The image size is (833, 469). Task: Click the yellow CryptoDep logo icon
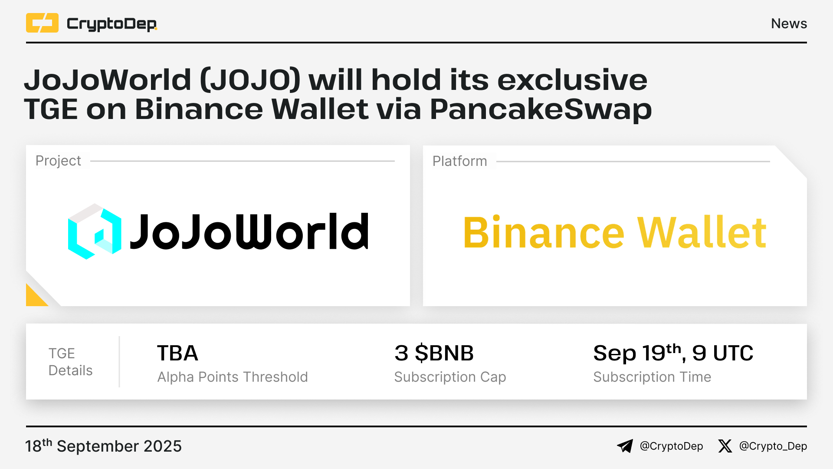[42, 23]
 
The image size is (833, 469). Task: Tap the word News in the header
[789, 23]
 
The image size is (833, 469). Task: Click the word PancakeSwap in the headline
[541, 109]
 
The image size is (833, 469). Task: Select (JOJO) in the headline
[250, 80]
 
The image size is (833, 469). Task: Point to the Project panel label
[58, 161]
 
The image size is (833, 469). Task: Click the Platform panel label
[460, 161]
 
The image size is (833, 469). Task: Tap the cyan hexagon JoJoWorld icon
[95, 231]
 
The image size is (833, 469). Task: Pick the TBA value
[177, 353]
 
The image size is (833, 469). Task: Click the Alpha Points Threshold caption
[233, 377]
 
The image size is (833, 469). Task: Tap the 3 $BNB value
[434, 353]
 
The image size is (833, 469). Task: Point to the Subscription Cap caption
[450, 377]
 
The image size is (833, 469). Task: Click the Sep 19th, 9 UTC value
[673, 353]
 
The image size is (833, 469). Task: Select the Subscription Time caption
[652, 377]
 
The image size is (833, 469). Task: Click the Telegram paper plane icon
[625, 446]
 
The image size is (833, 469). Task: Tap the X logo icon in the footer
[725, 446]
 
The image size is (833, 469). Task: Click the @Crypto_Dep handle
[773, 446]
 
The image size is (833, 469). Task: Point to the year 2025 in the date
[163, 446]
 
